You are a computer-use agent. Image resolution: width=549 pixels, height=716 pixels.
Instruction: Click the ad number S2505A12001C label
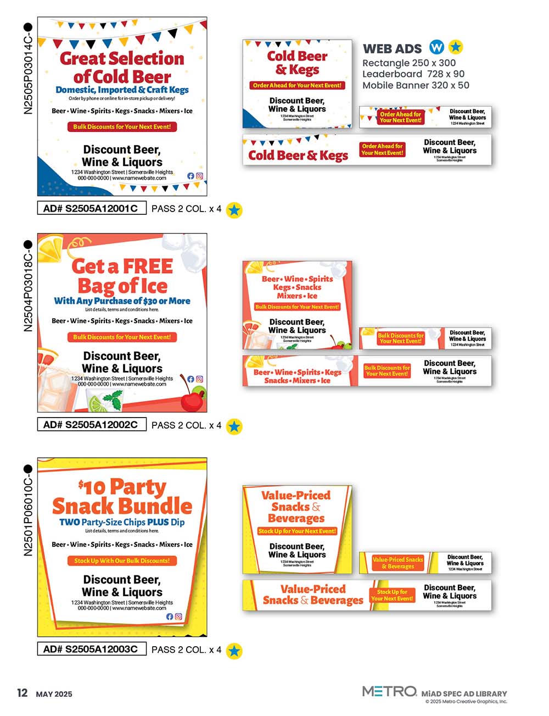tap(91, 209)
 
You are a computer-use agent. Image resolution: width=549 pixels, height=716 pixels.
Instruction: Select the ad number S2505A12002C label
tap(91, 425)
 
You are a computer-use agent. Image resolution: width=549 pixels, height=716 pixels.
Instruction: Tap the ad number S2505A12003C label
tap(91, 649)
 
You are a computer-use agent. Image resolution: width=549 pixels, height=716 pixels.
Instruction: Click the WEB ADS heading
tap(392, 48)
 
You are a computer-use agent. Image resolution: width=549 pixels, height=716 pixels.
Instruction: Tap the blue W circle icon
tap(436, 47)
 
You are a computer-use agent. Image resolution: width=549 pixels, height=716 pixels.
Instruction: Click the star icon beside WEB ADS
tap(456, 47)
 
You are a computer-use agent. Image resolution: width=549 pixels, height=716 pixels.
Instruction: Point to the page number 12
tap(22, 693)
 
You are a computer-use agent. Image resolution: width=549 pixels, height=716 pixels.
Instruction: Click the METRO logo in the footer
tap(389, 691)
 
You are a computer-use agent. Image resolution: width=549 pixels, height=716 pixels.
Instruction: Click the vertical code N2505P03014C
tap(28, 69)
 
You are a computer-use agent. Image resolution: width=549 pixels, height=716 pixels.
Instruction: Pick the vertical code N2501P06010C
tap(28, 511)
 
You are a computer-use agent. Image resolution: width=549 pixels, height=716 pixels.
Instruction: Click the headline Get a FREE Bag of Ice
tap(122, 276)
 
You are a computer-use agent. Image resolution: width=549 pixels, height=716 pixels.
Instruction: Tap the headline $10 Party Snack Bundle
tap(122, 496)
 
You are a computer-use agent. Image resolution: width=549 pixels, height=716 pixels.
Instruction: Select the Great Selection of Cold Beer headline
tap(122, 67)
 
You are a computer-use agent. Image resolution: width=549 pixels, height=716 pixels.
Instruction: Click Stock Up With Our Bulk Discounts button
tap(122, 560)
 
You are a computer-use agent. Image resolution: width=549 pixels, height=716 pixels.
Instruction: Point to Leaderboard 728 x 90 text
tap(413, 74)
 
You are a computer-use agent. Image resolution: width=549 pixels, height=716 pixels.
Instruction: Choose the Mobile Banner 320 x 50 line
tap(416, 85)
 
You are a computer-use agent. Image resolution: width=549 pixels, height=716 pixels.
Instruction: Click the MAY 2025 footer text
tap(54, 694)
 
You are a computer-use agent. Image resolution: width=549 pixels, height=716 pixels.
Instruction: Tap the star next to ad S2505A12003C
tap(234, 651)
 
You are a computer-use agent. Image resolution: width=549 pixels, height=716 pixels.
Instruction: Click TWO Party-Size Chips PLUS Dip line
tap(122, 522)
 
